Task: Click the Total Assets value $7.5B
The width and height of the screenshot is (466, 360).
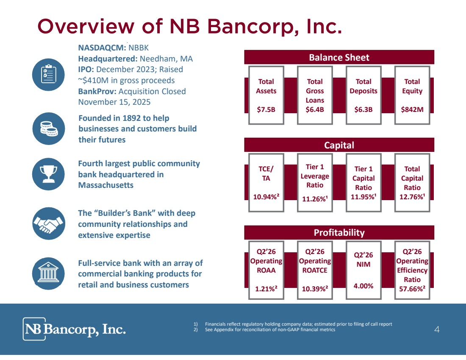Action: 266,109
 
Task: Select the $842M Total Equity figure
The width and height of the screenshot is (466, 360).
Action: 412,109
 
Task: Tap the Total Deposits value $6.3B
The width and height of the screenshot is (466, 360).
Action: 363,109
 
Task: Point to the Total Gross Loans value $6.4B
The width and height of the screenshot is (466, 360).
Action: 315,109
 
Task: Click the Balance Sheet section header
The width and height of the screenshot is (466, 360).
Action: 339,57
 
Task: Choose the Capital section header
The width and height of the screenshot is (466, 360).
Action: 339,145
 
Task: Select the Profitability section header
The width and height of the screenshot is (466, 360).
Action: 339,232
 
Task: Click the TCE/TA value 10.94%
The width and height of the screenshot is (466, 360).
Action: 266,197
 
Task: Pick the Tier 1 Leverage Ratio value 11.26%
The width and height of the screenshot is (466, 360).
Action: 315,199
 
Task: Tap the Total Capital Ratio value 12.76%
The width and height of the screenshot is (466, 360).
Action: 412,197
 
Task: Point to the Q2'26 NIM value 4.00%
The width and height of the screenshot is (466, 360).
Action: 363,286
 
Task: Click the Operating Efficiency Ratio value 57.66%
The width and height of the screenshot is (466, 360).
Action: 412,289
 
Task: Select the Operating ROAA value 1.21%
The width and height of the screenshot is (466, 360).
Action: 266,289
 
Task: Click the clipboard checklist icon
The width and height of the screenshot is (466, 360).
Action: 48,74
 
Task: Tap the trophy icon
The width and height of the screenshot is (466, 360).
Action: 48,174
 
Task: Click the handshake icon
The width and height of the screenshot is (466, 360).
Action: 48,223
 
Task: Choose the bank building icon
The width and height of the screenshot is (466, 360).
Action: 48,273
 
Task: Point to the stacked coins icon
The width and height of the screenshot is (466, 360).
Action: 48,128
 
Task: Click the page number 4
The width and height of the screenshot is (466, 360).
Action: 437,329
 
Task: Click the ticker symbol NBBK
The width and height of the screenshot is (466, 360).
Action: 139,48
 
